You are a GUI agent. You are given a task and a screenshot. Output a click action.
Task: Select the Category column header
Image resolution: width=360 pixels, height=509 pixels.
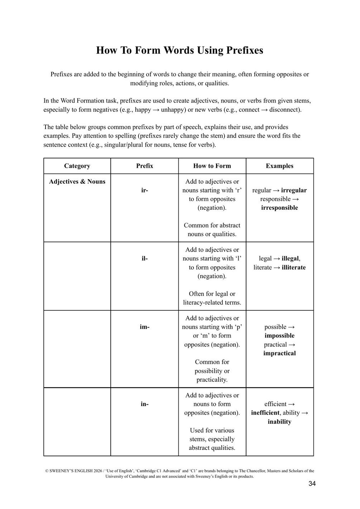(x=77, y=166)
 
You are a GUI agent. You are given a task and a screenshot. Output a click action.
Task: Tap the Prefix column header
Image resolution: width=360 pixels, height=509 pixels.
(x=144, y=166)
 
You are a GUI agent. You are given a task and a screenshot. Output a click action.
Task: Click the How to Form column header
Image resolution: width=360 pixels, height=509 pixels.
(x=212, y=166)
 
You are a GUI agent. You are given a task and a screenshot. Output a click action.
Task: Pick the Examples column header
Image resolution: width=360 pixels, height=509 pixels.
(x=279, y=166)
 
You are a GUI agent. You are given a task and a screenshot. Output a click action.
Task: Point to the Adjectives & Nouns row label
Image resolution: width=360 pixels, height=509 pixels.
(x=77, y=182)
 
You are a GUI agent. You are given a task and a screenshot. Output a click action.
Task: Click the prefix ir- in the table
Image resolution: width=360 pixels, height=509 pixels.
(x=144, y=190)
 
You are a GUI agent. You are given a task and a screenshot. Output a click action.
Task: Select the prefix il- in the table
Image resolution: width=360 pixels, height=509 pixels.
(x=144, y=258)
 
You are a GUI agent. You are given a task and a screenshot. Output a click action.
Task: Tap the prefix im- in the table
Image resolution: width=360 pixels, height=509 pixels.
(x=144, y=327)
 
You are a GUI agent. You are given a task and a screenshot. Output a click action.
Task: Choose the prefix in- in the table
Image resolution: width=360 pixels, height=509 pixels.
(x=144, y=404)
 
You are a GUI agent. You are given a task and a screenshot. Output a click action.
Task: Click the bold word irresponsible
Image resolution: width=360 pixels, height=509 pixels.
(x=279, y=208)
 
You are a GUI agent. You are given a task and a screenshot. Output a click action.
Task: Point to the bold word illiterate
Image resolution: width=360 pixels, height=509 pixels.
(x=294, y=267)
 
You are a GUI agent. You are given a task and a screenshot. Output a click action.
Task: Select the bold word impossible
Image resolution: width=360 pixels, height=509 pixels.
(x=279, y=336)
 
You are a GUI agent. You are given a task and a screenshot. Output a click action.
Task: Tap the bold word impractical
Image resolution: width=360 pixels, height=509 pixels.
(x=279, y=353)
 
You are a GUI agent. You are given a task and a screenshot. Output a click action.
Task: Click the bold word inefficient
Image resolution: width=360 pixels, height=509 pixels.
(x=265, y=413)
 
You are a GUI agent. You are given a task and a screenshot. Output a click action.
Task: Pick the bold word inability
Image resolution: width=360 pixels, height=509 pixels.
(x=279, y=422)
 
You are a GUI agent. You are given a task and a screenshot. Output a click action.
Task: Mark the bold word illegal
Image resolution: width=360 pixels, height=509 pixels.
(x=291, y=258)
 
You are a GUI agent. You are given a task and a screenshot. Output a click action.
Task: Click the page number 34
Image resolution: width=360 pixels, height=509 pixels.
(x=312, y=484)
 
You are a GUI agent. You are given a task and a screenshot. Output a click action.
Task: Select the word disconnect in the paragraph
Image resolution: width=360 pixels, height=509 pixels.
(x=285, y=110)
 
